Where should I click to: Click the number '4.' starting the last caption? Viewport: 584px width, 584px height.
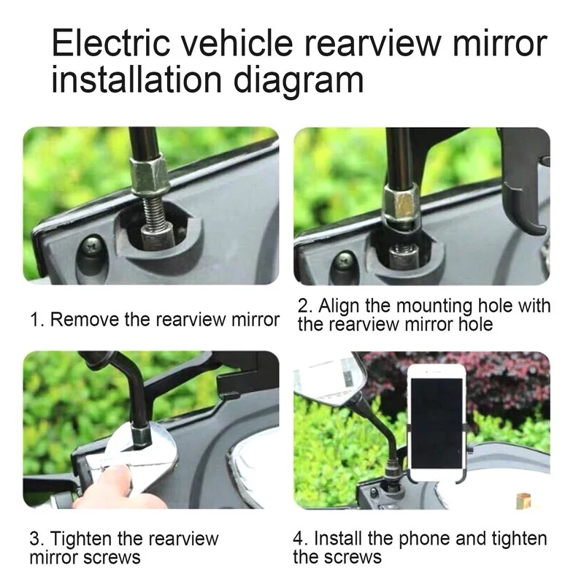point(301,539)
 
